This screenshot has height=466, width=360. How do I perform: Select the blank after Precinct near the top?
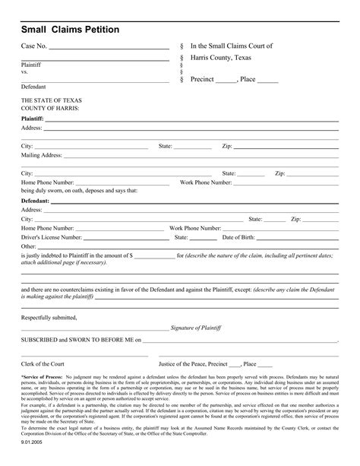226,79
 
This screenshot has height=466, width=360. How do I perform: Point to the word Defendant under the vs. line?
33,87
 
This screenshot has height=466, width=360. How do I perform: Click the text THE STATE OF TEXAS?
52,100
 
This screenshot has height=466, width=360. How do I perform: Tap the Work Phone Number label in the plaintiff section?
205,182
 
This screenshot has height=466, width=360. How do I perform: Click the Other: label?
29,246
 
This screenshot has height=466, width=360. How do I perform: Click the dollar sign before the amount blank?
131,256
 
